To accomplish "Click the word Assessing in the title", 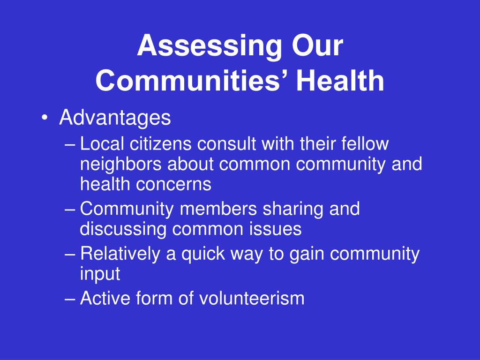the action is [210, 46].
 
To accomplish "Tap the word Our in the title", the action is [317, 45].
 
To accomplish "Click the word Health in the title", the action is [340, 80].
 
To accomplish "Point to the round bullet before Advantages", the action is [45, 118].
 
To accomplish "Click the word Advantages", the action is [115, 118].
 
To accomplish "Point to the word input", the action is [100, 274].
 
